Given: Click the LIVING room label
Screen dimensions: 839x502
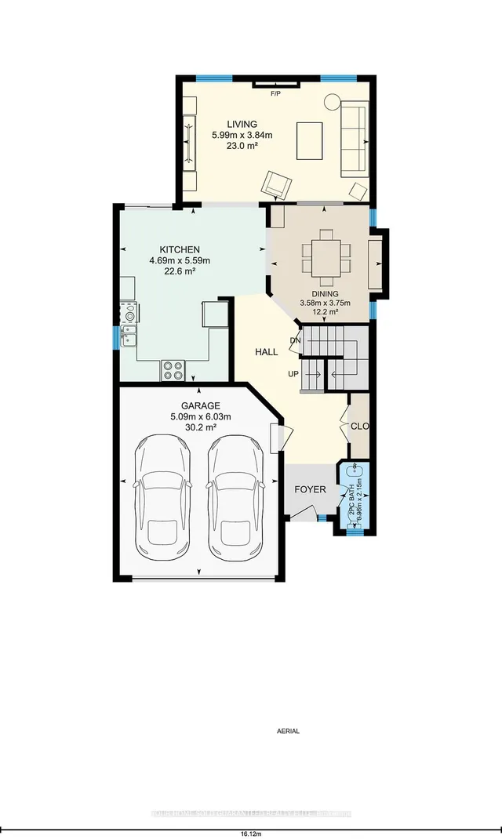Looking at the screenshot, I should pyautogui.click(x=241, y=124).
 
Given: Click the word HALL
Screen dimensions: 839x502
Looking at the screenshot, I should pyautogui.click(x=266, y=353).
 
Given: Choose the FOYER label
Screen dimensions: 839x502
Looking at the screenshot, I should pyautogui.click(x=310, y=489).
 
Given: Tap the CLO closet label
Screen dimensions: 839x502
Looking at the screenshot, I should pyautogui.click(x=360, y=427).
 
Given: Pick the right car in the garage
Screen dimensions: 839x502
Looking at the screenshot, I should pyautogui.click(x=235, y=496).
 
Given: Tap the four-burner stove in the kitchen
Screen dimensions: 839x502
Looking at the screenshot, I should pyautogui.click(x=172, y=369).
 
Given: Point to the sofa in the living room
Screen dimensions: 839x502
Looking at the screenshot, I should pyautogui.click(x=355, y=139).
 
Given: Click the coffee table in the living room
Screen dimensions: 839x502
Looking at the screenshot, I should pyautogui.click(x=309, y=141).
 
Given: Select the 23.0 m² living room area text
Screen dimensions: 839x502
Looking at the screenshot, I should pyautogui.click(x=241, y=146).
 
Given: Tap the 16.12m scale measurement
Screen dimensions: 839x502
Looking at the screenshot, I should pyautogui.click(x=251, y=833).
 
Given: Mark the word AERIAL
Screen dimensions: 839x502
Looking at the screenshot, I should pyautogui.click(x=288, y=731).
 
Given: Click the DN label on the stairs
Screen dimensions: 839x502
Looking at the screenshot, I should pyautogui.click(x=295, y=340).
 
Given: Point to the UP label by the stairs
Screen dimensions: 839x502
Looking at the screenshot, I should pyautogui.click(x=293, y=374).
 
